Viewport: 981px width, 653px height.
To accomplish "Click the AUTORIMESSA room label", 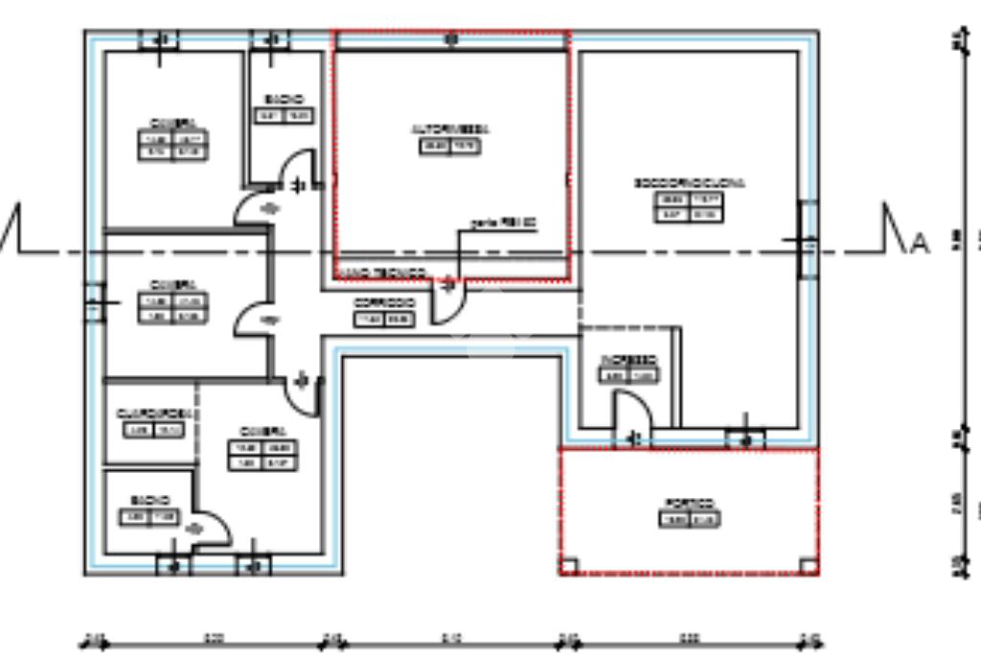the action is click(450, 128).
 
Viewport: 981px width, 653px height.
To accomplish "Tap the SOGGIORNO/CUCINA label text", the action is click(689, 183).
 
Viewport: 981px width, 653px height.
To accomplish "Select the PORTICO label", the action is click(690, 504).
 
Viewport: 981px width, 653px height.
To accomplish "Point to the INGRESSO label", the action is click(628, 360).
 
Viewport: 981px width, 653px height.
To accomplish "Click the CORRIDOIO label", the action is click(384, 303).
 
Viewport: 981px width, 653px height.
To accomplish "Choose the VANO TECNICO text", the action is click(383, 273).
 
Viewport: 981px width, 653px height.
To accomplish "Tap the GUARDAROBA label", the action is click(152, 413).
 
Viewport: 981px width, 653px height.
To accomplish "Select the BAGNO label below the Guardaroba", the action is click(150, 501).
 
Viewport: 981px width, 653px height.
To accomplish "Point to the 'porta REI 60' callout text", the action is click(503, 222).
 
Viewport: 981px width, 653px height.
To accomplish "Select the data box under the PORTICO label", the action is click(690, 520).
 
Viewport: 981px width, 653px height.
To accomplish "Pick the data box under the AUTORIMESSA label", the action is click(450, 146).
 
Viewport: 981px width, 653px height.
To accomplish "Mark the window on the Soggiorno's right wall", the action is click(807, 239).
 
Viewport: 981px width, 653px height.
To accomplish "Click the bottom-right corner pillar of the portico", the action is click(810, 566).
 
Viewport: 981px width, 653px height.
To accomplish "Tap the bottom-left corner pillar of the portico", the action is click(568, 566).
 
